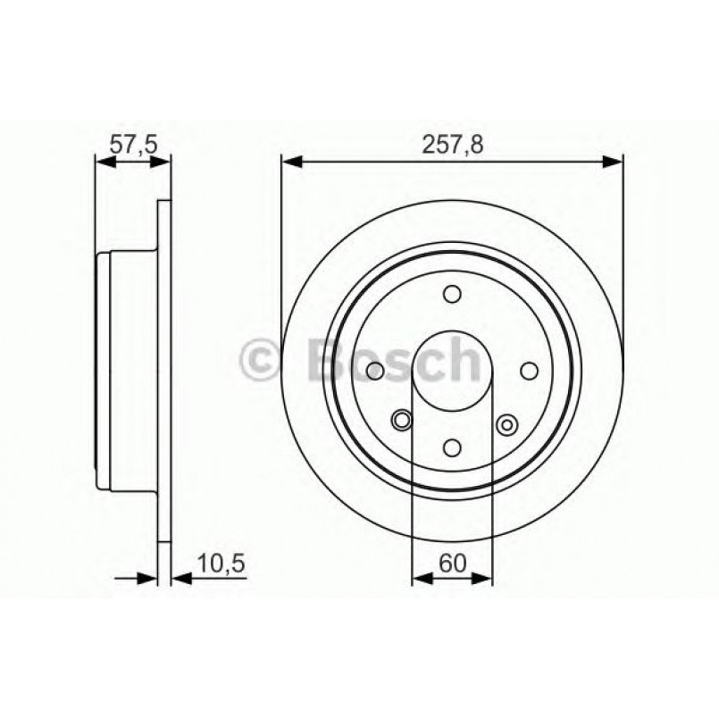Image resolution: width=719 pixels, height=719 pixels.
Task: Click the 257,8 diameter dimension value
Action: [451, 143]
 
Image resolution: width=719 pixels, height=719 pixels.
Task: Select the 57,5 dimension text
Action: [132, 143]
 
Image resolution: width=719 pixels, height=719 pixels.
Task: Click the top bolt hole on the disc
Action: [452, 294]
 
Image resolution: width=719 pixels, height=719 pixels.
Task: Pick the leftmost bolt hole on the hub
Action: [375, 371]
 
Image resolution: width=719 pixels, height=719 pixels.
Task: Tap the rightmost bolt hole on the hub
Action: [529, 371]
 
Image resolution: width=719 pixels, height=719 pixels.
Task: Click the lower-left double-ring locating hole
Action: [403, 418]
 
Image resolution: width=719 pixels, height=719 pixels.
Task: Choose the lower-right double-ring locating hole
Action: [509, 424]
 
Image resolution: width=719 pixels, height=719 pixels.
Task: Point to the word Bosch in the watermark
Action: [393, 359]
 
